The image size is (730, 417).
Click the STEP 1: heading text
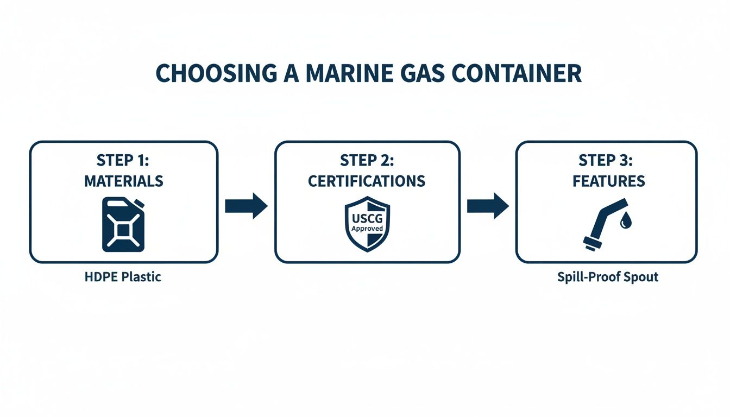tap(123, 161)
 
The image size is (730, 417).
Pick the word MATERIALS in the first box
tap(123, 181)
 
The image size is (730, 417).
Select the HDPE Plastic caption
tap(123, 277)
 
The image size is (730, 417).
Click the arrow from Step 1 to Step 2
tap(246, 206)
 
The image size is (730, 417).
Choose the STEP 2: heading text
tap(367, 161)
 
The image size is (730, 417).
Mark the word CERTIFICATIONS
tap(367, 181)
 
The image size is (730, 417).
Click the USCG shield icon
tap(367, 224)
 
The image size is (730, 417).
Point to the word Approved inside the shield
tap(367, 229)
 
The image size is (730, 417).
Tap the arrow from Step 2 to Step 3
tap(488, 206)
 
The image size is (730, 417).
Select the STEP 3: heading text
tap(608, 161)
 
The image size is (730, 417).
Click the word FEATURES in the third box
tap(608, 181)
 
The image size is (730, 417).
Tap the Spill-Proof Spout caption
tap(607, 277)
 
